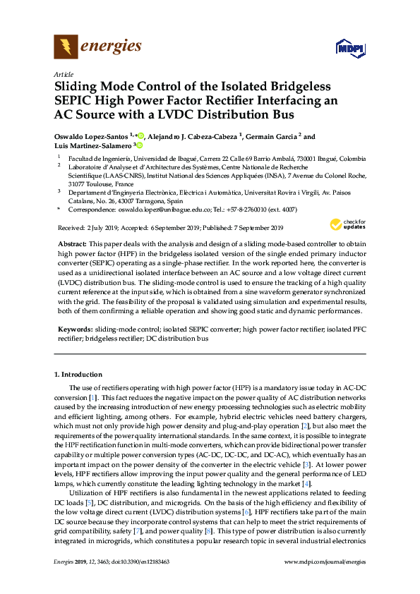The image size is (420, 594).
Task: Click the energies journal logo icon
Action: (66, 48)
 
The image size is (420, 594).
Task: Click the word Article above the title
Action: (64, 74)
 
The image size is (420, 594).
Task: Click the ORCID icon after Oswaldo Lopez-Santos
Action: (141, 136)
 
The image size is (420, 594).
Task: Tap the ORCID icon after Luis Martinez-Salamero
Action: (140, 145)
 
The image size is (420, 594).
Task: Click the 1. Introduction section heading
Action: (78, 375)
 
